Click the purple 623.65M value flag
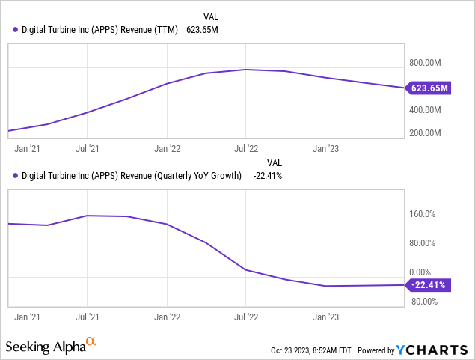coord(429,88)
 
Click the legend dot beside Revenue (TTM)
coord(16,30)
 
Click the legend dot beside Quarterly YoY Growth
coord(16,176)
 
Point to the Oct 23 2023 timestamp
coord(311,350)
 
